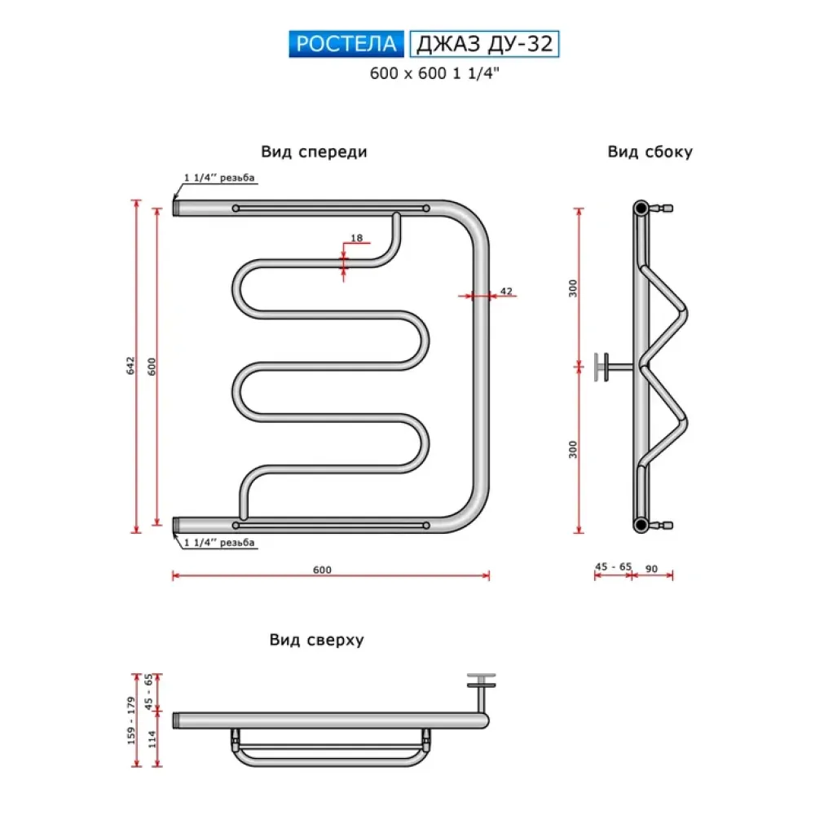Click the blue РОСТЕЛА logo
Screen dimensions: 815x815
[346, 44]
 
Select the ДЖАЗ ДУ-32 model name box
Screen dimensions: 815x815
[484, 44]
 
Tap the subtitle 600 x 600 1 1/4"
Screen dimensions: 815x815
[434, 73]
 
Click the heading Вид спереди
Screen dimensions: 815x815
[314, 152]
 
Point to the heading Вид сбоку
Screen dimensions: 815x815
[650, 152]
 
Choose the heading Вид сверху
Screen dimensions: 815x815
[316, 640]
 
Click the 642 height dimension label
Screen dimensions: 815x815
[130, 365]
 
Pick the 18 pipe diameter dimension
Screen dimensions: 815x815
[357, 238]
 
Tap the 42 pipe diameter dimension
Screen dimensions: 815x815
[506, 291]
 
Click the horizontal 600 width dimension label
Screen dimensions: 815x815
[322, 570]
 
